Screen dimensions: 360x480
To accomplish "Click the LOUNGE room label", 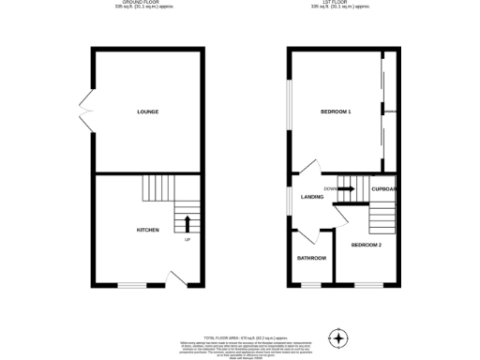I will [147, 112].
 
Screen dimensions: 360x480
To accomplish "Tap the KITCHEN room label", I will [147, 230].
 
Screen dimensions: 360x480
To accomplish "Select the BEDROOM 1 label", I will [336, 112].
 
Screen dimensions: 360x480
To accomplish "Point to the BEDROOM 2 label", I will [367, 245].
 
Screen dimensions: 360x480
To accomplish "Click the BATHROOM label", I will [311, 258].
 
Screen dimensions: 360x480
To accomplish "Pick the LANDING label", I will [312, 197].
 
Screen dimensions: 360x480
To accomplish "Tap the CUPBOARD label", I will [384, 189].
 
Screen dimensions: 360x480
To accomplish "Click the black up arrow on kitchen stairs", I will [187, 223].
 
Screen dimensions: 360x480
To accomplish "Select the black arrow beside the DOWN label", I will [347, 189].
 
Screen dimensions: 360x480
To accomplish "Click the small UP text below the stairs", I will [187, 240].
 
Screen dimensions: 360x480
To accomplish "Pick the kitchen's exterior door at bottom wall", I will [173, 278].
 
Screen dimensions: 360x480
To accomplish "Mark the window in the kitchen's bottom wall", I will [131, 285].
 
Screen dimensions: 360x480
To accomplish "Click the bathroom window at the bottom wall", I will [310, 285].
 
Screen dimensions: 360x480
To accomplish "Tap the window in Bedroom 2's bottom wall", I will [367, 285].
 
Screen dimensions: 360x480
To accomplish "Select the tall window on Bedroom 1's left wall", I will [288, 112].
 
